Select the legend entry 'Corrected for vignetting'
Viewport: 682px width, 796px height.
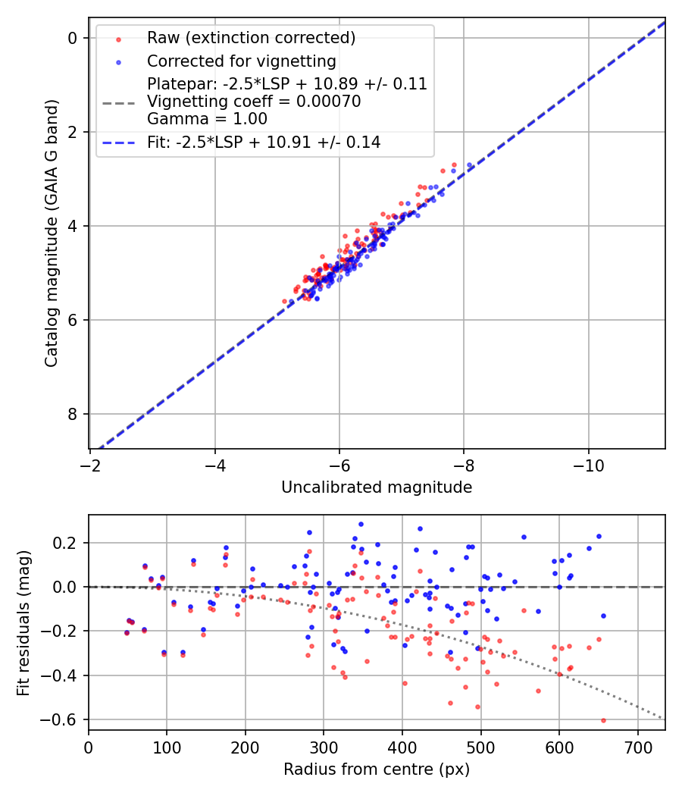(x=242, y=61)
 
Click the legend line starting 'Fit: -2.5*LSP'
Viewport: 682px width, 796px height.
(x=264, y=142)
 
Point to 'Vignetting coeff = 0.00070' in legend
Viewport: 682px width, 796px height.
(x=254, y=101)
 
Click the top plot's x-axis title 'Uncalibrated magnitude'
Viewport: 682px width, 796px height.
(x=377, y=487)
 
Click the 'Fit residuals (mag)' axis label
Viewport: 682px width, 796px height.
(x=23, y=622)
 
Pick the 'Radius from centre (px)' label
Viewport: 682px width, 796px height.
(x=377, y=769)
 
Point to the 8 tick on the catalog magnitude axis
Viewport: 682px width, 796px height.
(x=73, y=414)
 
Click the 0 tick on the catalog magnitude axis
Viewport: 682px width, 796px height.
(x=73, y=38)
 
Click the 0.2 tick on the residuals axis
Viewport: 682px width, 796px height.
(x=67, y=543)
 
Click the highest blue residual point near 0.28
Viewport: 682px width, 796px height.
(x=361, y=524)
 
